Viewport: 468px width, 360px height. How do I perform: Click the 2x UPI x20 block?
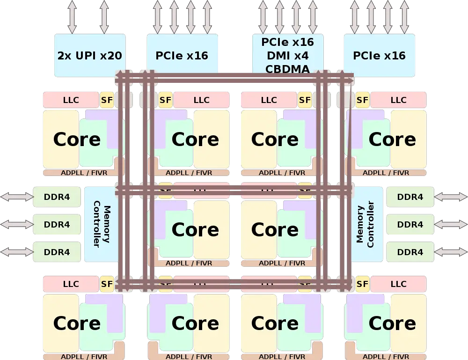coord(89,56)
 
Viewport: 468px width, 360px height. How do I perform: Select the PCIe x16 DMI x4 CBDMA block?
coord(287,56)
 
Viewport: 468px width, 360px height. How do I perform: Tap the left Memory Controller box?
coord(101,224)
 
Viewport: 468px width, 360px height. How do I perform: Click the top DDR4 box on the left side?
coord(57,197)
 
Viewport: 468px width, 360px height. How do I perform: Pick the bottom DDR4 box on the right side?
coord(410,252)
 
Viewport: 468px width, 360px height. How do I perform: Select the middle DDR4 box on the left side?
coord(57,225)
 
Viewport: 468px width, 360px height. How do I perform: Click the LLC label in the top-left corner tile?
coord(71,100)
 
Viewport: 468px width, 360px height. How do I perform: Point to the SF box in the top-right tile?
coord(362,100)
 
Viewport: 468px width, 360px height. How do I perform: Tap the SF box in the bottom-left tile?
coord(107,284)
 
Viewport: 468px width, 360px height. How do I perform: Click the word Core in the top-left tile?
coord(77,140)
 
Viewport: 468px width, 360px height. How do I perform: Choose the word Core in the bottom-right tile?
coord(392,323)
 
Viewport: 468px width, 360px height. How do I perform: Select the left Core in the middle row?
coord(195,229)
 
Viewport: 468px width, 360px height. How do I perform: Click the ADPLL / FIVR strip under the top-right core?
coord(386,173)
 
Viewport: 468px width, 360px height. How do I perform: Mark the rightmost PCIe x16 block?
coord(379,56)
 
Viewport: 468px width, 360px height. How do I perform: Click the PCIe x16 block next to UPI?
coord(182,56)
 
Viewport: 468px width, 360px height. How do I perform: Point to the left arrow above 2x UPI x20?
coord(72,17)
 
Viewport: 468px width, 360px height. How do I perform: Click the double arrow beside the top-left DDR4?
coord(17,197)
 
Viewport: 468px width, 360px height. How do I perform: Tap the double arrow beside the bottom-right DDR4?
coord(451,252)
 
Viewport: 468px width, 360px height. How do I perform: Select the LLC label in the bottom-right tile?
coord(398,284)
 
